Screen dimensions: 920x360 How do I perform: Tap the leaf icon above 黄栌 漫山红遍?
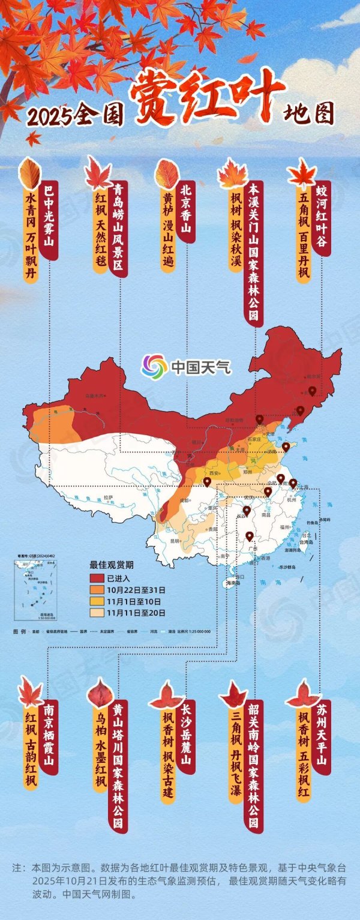pos(166,174)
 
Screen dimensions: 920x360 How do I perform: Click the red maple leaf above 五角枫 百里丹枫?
pos(302,173)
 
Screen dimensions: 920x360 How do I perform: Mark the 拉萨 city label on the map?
pos(108,497)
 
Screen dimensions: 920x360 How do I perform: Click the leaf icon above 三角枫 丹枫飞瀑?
pos(233,694)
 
